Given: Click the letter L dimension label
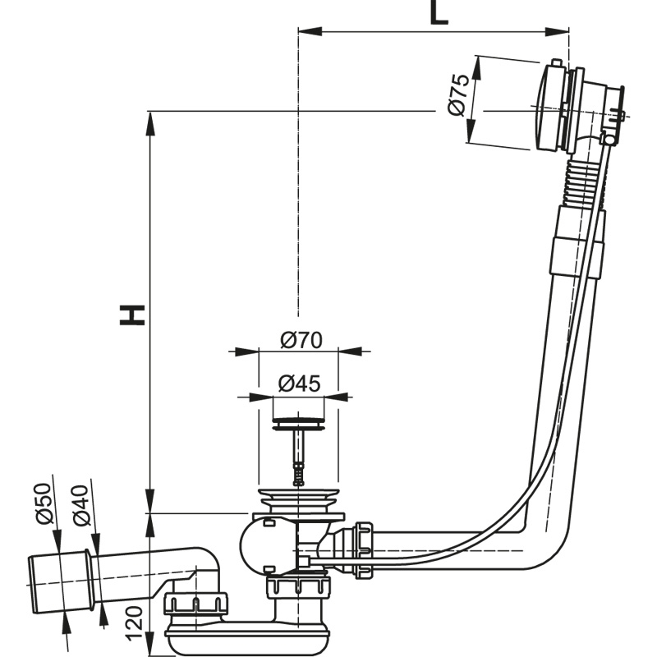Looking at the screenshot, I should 439,13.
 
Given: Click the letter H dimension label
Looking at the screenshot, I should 132,314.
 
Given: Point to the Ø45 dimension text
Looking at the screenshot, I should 298,383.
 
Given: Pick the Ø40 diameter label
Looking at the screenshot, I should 80,506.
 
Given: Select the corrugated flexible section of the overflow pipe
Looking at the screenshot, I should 580,182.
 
